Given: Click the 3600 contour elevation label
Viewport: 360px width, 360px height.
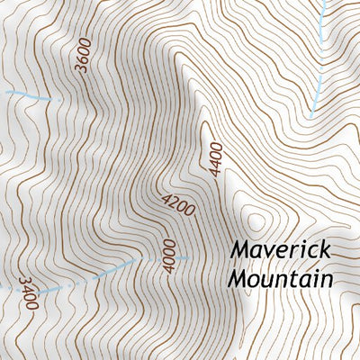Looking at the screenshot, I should [x=85, y=57].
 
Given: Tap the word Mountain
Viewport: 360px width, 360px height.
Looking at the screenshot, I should [x=280, y=279].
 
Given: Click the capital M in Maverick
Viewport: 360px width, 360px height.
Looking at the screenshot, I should [x=238, y=248].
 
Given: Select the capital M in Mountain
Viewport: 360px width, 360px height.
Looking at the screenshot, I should [x=238, y=279].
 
